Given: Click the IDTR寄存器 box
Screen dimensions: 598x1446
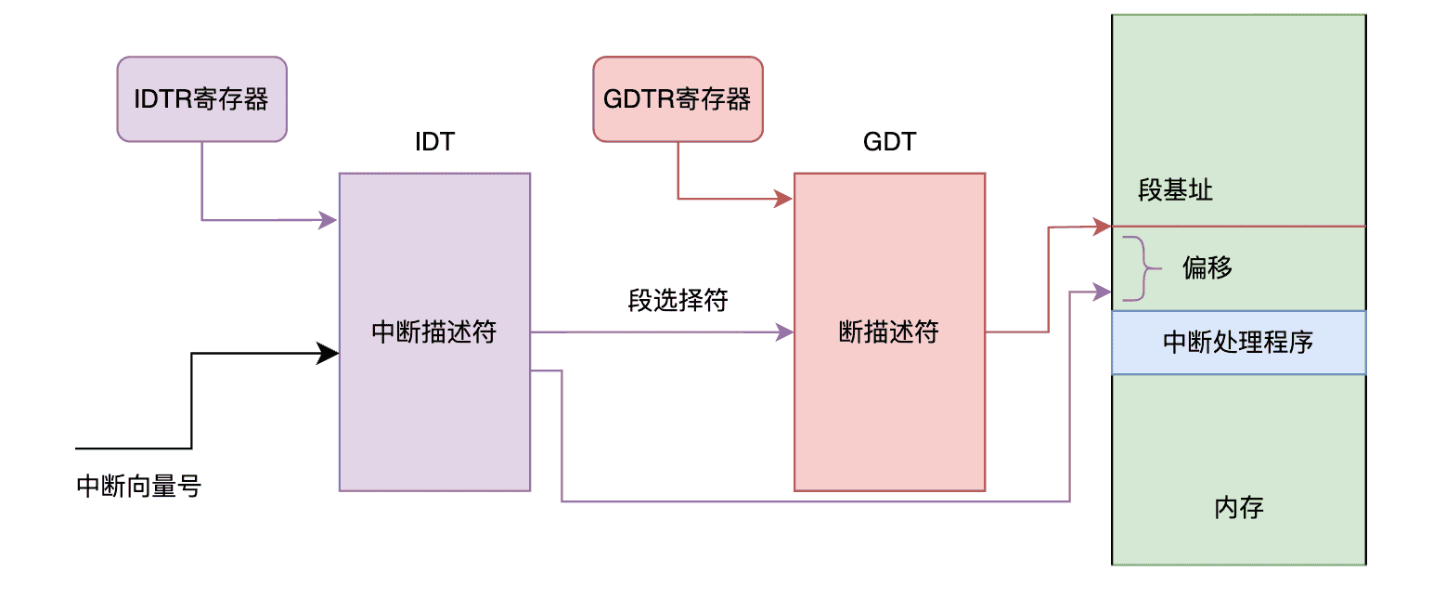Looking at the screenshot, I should click(201, 99).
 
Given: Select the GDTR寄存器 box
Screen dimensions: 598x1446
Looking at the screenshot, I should click(678, 99).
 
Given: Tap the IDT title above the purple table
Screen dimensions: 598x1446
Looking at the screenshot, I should click(434, 142).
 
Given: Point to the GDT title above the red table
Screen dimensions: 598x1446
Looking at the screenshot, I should click(889, 142).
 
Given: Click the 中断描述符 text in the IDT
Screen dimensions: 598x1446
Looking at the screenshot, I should click(434, 332).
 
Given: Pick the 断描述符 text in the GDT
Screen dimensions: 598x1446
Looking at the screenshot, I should click(889, 332).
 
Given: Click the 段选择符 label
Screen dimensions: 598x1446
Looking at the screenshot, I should click(678, 301).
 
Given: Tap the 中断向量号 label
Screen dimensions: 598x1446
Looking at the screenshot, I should click(139, 487).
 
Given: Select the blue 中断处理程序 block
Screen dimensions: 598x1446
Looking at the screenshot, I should click(1238, 343).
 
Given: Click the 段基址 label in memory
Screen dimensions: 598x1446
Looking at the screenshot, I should click(1175, 191).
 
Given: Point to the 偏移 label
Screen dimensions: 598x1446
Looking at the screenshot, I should click(1207, 269).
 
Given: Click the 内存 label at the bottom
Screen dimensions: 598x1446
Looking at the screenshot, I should click(1239, 508).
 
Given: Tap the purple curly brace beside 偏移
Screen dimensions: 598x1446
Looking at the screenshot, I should click(1143, 269).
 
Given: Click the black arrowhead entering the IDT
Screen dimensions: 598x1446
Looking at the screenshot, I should click(329, 353).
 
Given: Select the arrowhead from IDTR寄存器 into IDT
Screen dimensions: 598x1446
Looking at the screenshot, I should click(329, 220).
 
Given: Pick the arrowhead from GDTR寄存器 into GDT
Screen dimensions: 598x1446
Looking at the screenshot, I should click(784, 199).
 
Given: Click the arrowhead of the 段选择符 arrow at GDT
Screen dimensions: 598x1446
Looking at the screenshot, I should click(784, 331).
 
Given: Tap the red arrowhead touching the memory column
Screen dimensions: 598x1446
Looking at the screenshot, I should click(1103, 226).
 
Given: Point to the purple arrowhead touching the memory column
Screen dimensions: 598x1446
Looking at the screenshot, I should click(1103, 292).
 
